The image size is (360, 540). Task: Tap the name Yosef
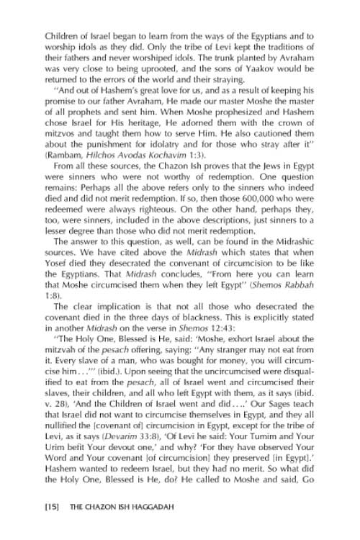point(57,276)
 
